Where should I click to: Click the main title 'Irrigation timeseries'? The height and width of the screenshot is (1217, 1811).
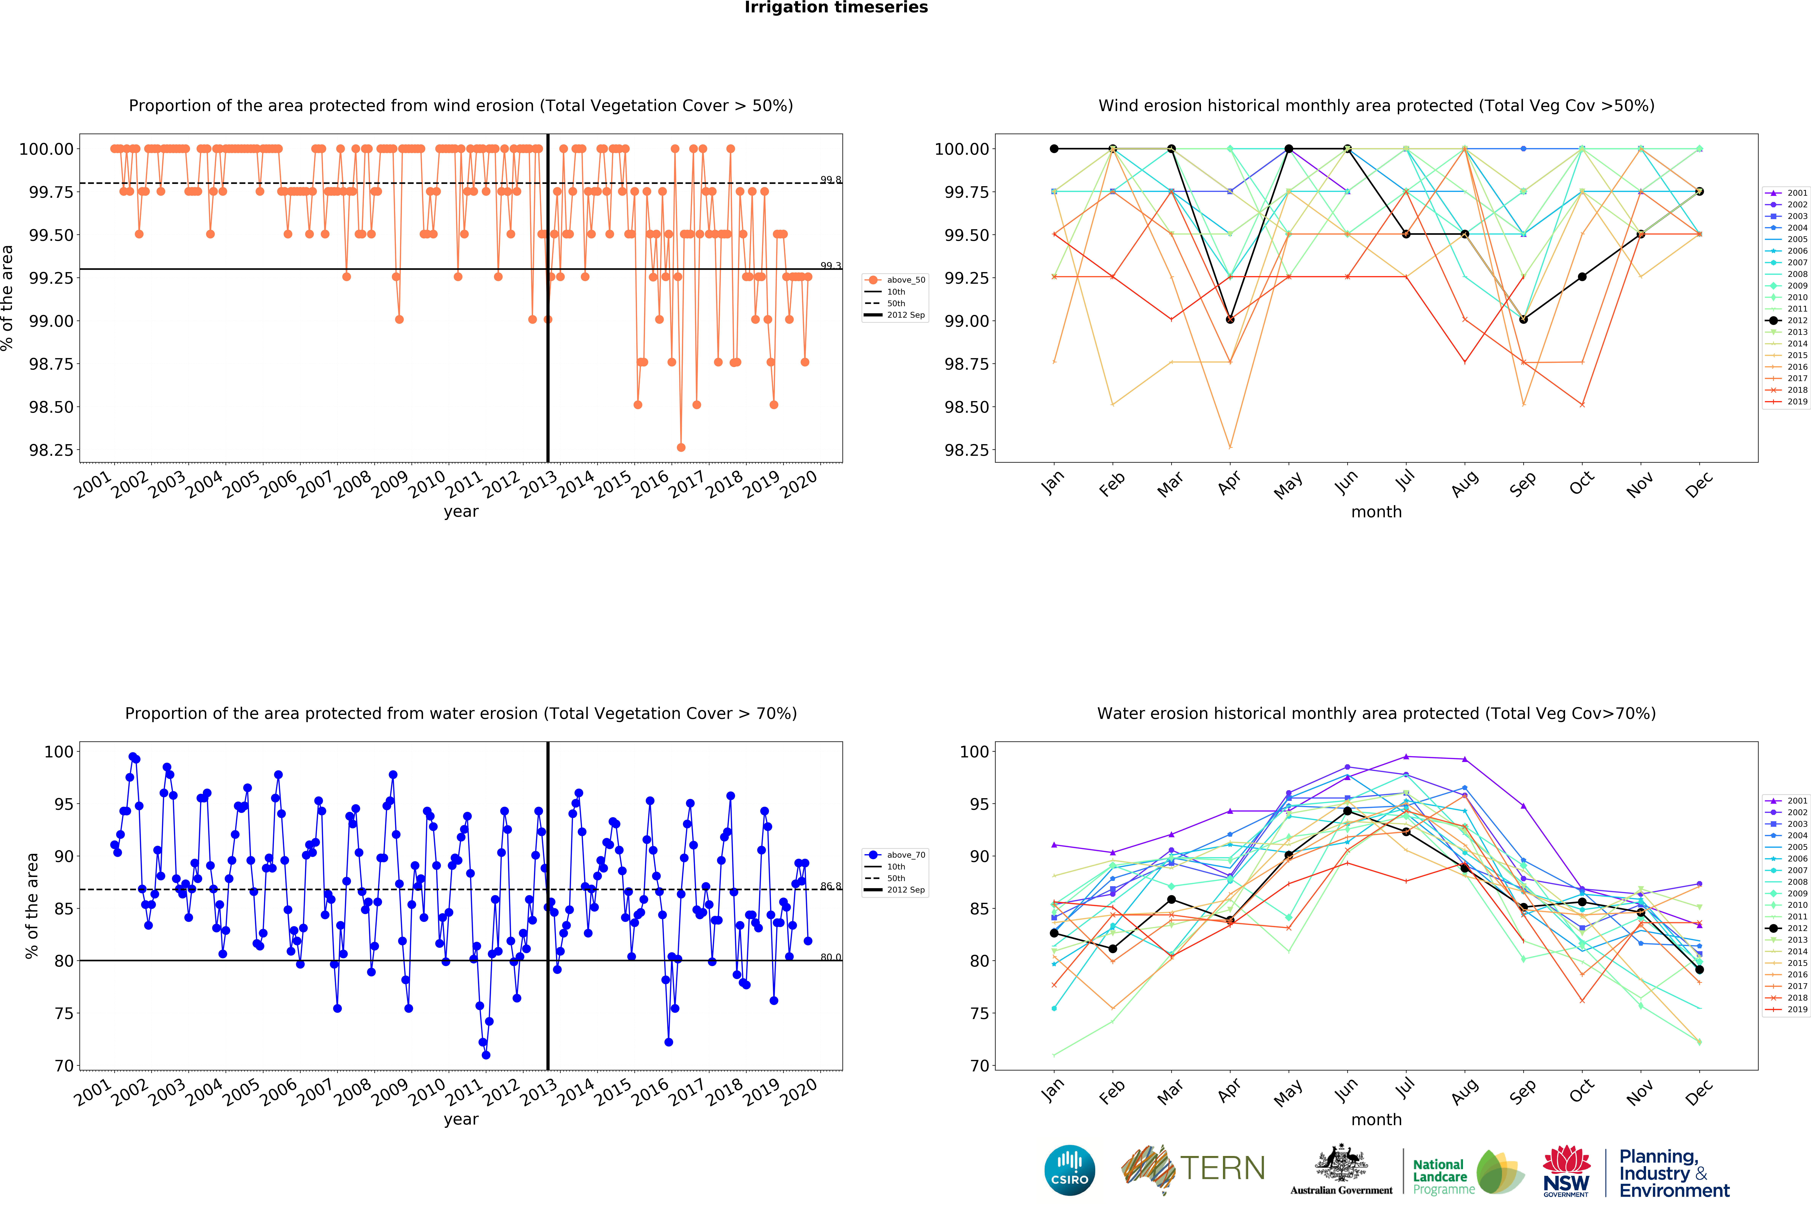click(x=836, y=8)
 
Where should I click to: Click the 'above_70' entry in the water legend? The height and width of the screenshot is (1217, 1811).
click(x=905, y=855)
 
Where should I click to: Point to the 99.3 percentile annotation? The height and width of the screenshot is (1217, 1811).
click(x=830, y=265)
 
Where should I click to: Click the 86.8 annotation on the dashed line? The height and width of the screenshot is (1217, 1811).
click(x=830, y=886)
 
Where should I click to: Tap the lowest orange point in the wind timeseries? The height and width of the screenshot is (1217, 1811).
click(x=681, y=447)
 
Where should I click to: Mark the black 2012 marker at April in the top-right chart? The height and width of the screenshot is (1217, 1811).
click(x=1230, y=319)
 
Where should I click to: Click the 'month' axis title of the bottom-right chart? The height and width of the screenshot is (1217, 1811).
click(x=1376, y=1119)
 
